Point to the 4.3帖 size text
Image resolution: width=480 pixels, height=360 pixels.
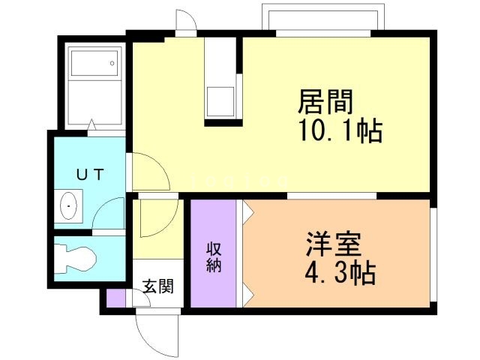point(339,272)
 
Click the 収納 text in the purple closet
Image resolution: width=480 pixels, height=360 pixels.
point(214,258)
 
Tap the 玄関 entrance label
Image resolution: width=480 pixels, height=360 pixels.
point(158,286)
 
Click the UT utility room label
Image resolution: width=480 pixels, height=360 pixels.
point(90,175)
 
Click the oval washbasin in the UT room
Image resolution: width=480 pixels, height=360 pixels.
point(68,205)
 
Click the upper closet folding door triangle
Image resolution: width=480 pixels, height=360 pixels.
point(247,213)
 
